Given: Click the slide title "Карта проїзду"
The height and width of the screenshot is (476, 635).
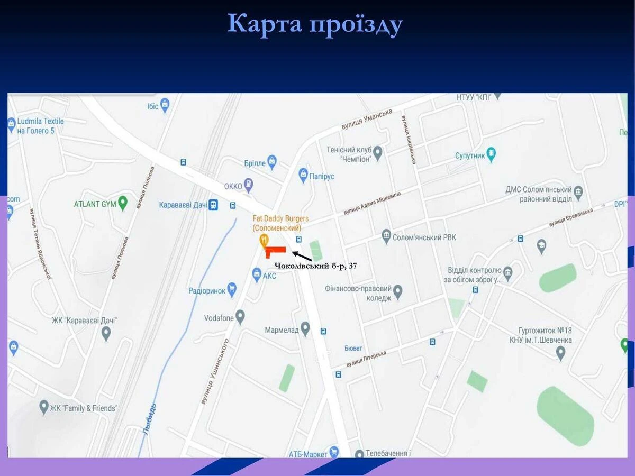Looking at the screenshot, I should [315, 24].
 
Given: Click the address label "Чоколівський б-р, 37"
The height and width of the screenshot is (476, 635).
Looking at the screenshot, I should [316, 267].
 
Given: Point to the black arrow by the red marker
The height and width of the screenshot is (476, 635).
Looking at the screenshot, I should [302, 256].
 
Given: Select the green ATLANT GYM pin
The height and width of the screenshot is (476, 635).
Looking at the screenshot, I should [123, 203].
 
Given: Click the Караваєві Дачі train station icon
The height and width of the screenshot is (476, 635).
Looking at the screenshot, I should [213, 205].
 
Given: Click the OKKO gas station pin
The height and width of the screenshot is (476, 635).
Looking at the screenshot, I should [248, 185].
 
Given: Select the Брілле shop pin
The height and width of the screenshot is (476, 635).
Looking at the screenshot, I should [272, 161].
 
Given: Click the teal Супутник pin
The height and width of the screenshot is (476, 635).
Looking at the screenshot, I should [491, 154].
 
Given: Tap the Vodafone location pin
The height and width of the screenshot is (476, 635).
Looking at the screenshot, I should [240, 317].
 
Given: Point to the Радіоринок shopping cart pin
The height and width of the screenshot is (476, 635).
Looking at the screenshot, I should [231, 289].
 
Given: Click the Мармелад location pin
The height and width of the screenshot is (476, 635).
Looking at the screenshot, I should [305, 328].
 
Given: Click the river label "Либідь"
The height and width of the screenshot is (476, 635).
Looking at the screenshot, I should [150, 419].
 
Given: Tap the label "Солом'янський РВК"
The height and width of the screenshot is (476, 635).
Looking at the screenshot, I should [424, 237].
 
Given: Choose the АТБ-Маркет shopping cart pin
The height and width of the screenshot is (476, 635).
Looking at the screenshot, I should [334, 452].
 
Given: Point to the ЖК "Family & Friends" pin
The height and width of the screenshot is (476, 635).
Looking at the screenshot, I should [44, 407].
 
